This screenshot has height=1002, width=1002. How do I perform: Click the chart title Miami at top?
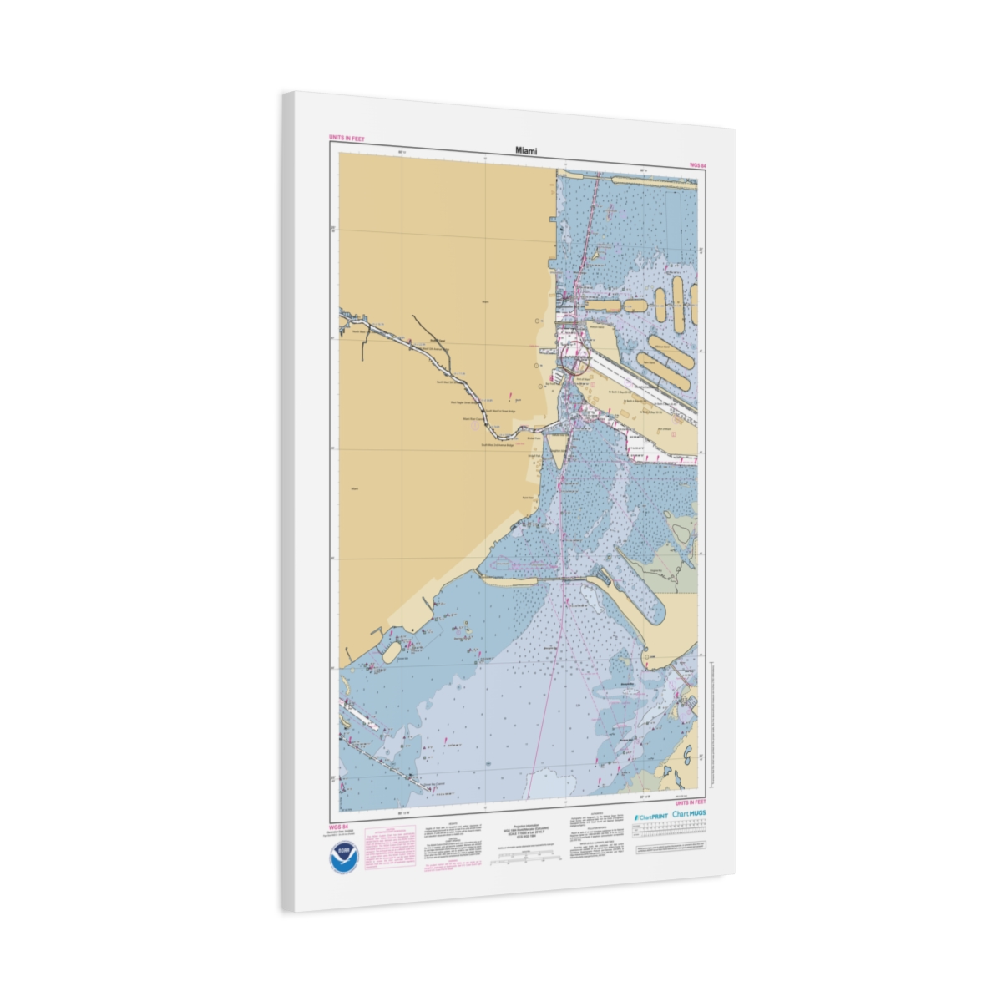click(526, 151)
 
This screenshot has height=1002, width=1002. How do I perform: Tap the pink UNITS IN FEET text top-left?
click(347, 138)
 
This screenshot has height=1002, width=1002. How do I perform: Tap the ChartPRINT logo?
click(649, 816)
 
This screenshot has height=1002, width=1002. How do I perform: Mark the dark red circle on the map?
click(574, 360)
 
